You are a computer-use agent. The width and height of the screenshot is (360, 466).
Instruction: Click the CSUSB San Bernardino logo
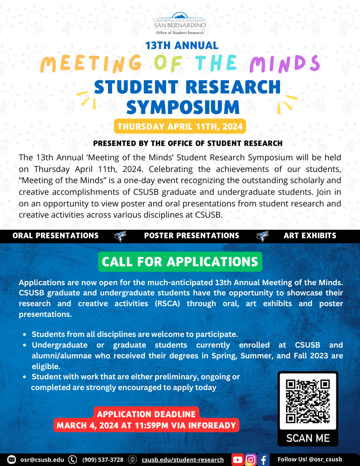[x=180, y=23]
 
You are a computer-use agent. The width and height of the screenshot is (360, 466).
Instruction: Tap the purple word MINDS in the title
[x=285, y=63]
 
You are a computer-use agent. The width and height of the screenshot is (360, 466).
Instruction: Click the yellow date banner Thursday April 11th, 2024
[x=179, y=126]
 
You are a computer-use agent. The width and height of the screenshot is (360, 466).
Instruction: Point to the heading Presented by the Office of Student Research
[x=188, y=143]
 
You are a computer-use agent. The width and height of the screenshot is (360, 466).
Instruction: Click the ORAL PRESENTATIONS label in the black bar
[x=55, y=236]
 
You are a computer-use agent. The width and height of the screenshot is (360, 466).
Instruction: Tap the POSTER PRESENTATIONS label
[x=191, y=236]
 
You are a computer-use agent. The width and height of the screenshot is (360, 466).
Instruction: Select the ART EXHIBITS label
[x=310, y=236]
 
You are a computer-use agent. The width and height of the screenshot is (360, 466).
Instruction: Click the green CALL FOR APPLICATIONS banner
[x=180, y=261]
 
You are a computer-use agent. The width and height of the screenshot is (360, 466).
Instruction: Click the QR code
[x=307, y=401]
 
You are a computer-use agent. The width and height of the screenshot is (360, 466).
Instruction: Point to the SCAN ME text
[x=307, y=438]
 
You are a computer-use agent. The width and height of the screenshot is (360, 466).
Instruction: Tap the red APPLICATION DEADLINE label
[x=146, y=414]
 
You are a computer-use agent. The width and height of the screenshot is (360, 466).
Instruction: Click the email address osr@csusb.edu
[x=42, y=459]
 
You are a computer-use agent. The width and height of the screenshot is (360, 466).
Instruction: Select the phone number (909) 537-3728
[x=102, y=459]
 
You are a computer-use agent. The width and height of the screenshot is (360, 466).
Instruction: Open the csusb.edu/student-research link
[x=183, y=459]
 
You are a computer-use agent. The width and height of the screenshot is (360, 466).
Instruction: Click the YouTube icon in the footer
[x=238, y=459]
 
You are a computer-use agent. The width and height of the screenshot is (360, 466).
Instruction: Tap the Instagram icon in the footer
[x=251, y=459]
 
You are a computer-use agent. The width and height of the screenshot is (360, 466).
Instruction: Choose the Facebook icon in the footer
[x=264, y=460]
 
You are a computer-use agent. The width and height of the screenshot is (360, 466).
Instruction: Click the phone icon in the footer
[x=73, y=459]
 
